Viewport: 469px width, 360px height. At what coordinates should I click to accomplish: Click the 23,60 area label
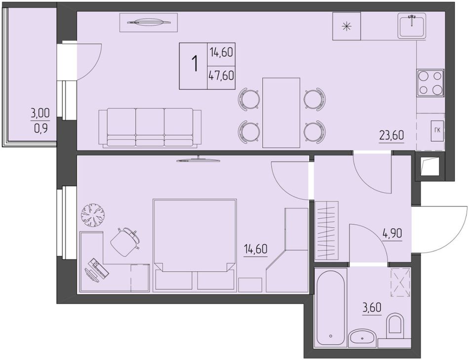(391, 135)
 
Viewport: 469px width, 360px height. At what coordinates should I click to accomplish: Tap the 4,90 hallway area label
(392, 233)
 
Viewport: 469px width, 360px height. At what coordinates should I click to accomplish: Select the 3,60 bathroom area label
(372, 307)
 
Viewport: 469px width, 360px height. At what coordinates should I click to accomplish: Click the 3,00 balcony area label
(40, 114)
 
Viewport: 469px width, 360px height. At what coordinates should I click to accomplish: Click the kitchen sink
(412, 26)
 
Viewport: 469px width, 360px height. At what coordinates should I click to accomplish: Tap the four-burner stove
(430, 83)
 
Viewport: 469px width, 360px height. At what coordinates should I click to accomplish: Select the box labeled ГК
(437, 130)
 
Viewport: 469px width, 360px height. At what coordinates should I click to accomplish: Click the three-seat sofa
(150, 128)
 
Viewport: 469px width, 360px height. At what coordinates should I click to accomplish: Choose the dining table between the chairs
(281, 113)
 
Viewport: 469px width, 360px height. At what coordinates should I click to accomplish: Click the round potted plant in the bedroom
(93, 215)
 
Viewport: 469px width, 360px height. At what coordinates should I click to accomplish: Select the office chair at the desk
(125, 241)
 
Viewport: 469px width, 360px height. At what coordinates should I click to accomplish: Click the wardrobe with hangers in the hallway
(326, 231)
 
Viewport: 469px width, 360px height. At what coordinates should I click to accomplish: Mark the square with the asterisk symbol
(347, 26)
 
